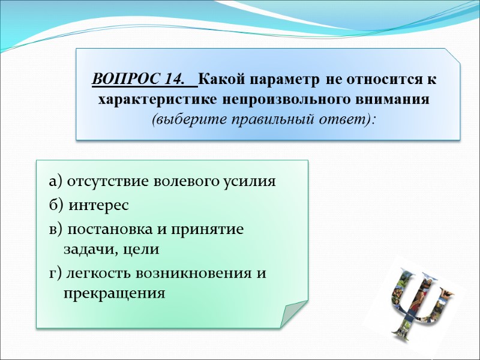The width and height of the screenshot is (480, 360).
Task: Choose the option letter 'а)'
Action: [55, 182]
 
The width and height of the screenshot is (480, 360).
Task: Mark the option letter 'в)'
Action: [55, 230]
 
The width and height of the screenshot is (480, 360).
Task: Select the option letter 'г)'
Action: [55, 273]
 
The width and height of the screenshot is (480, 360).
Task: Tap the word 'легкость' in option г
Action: [97, 273]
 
